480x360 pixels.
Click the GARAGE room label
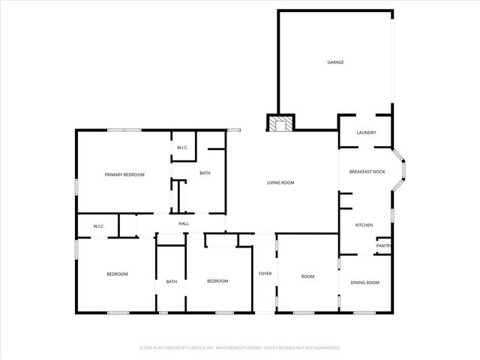point(335,62)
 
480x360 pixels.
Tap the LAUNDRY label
point(366,133)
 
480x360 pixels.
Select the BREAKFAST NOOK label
point(367,172)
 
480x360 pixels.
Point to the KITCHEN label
point(364,225)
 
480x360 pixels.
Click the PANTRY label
point(383,245)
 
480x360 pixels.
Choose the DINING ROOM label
point(365,282)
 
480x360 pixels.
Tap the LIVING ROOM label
point(280,182)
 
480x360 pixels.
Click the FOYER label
point(265,274)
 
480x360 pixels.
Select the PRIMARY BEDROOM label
point(124,174)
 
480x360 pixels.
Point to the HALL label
point(183,223)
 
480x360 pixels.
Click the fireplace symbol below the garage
point(281,123)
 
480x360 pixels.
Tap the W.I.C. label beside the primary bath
point(183,148)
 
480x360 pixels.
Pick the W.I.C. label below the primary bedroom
point(98,226)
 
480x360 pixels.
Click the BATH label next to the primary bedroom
point(205,174)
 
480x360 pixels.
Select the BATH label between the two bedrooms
point(172,281)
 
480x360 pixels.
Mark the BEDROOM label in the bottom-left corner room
point(117,274)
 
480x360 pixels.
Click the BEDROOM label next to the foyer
point(217,280)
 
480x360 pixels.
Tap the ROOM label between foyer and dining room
point(307,276)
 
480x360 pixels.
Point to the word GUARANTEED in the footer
point(324,348)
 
